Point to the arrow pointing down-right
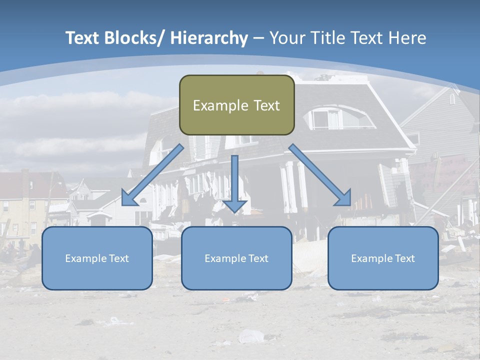pyautogui.click(x=320, y=175)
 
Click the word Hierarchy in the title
pyautogui.click(x=208, y=38)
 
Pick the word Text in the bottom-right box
pyautogui.click(x=404, y=258)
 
